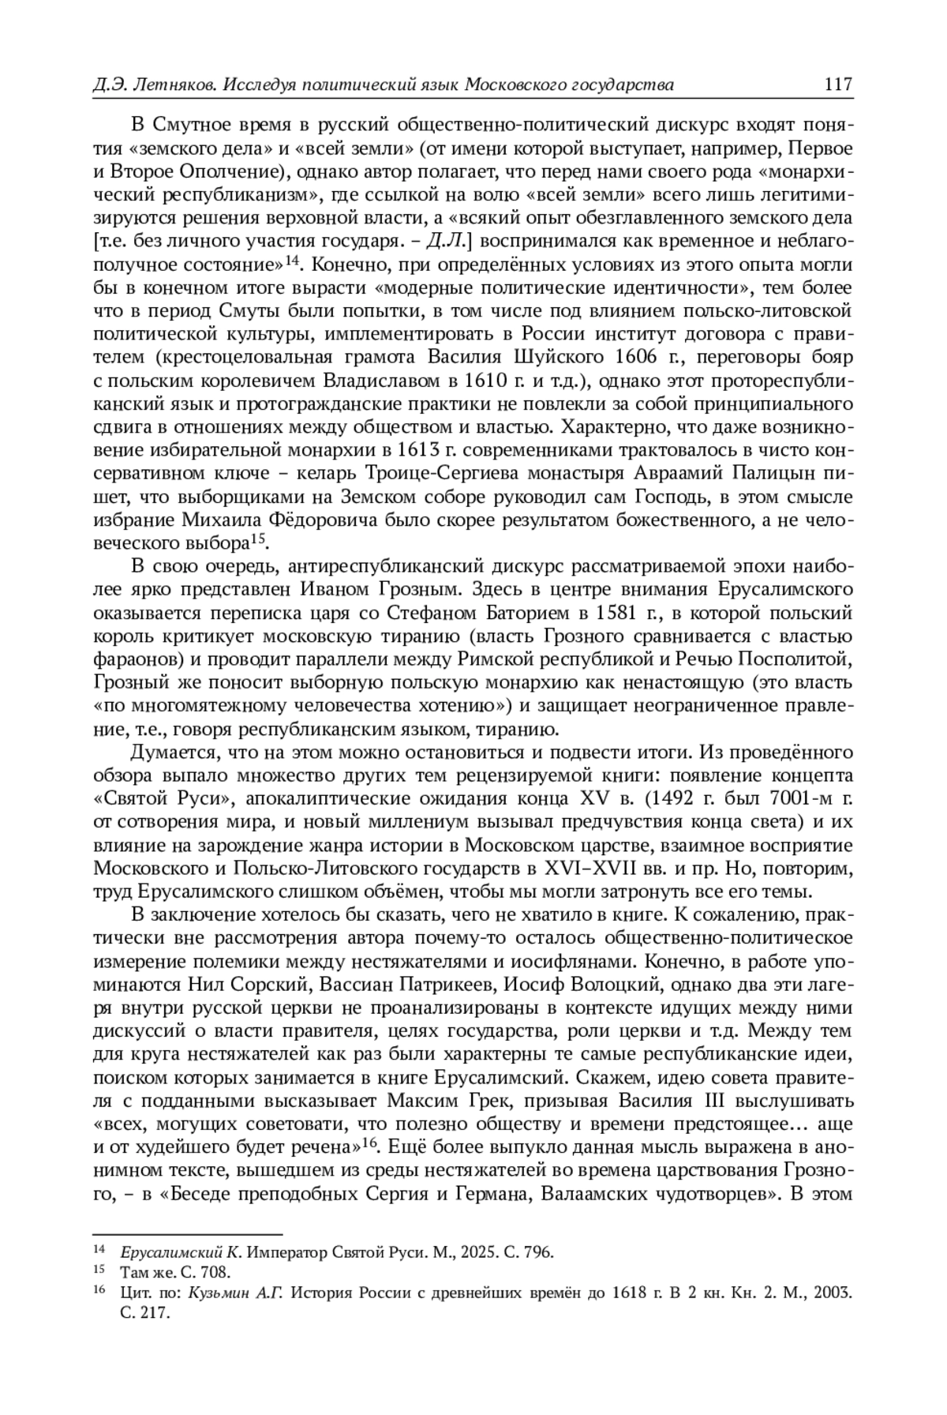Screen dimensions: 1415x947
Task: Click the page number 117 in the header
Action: [x=837, y=84]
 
